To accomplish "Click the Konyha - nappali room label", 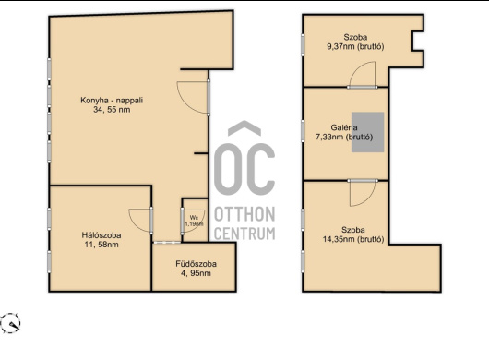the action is tap(112, 100).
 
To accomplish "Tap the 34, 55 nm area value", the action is tap(112, 110).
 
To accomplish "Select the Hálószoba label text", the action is tap(101, 234).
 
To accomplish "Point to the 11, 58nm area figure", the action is tap(101, 245).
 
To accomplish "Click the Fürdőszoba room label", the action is tap(196, 264).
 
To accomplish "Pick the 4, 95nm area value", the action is tap(196, 273).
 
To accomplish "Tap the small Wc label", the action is tap(194, 218).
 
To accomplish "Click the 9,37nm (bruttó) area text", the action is tap(355, 46).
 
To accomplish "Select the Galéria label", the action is tap(344, 127).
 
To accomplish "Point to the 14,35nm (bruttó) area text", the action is tap(353, 239).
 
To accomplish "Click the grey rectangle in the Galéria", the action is tap(368, 132).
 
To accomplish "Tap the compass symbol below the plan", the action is tap(10, 323).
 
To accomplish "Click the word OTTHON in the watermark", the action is tap(244, 214).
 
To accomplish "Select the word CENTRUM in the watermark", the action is tap(244, 234).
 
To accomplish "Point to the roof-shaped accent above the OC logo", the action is tap(244, 128).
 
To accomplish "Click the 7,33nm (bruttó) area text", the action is tap(344, 137).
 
